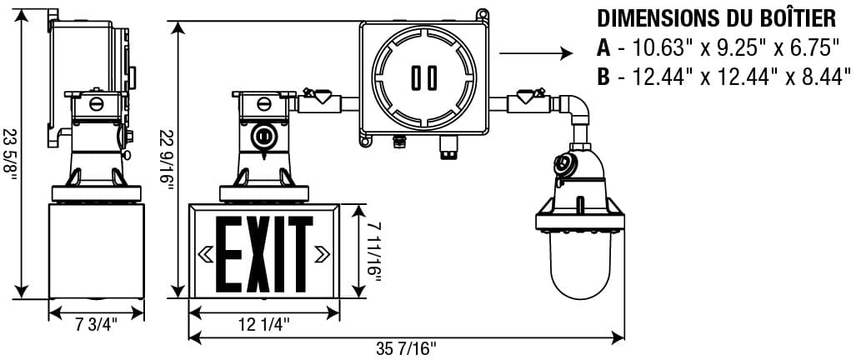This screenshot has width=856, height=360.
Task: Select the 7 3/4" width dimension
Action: click(97, 326)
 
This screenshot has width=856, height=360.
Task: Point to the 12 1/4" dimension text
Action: click(263, 326)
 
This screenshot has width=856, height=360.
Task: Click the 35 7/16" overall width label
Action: click(406, 348)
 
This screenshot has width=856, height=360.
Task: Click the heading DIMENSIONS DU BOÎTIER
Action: click(717, 18)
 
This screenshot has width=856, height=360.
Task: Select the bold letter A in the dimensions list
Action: click(603, 48)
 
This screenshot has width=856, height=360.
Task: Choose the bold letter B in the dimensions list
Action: click(603, 77)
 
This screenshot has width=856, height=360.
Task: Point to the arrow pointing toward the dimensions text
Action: click(536, 53)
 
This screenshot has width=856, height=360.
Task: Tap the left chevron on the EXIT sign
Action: click(205, 253)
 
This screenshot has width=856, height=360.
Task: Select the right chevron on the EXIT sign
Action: click(322, 253)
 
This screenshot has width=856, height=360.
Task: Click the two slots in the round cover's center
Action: click(423, 78)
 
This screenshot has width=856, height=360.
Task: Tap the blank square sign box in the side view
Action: click(97, 252)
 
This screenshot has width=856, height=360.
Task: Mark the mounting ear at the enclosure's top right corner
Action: click(481, 14)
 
